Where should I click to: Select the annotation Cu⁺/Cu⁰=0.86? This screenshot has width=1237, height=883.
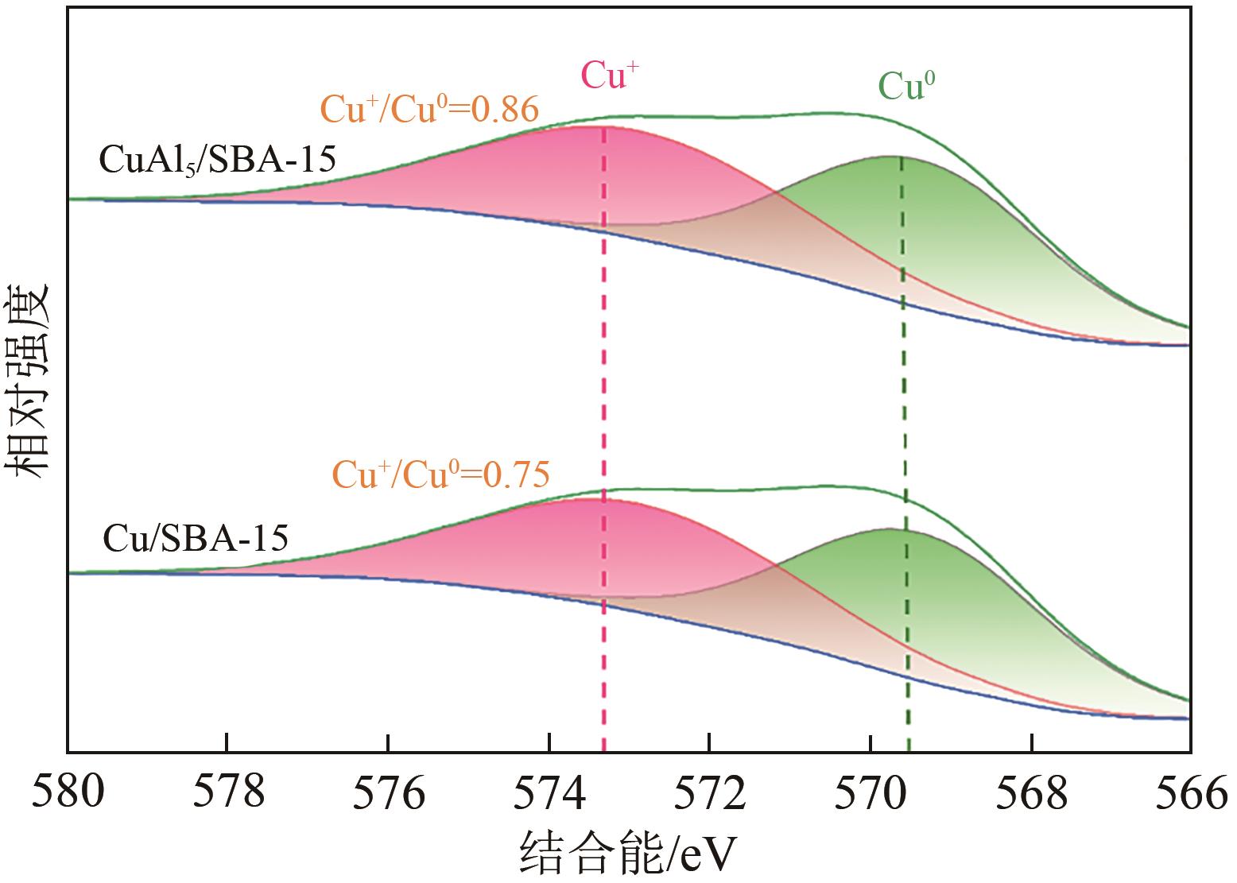[x=429, y=110]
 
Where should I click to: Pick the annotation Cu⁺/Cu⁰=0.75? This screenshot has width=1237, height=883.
[x=440, y=475]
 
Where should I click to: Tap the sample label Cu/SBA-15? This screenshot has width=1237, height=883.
[x=195, y=540]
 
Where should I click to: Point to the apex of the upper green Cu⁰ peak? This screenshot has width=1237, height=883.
[x=892, y=157]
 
